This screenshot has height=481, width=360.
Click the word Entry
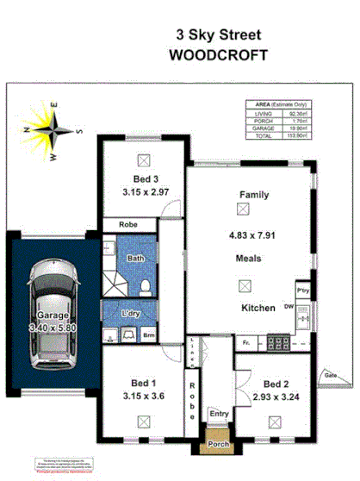(219, 414)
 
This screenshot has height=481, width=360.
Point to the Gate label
(331, 375)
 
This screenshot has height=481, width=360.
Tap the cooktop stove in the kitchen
(279, 343)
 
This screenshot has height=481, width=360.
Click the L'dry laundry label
(131, 313)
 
